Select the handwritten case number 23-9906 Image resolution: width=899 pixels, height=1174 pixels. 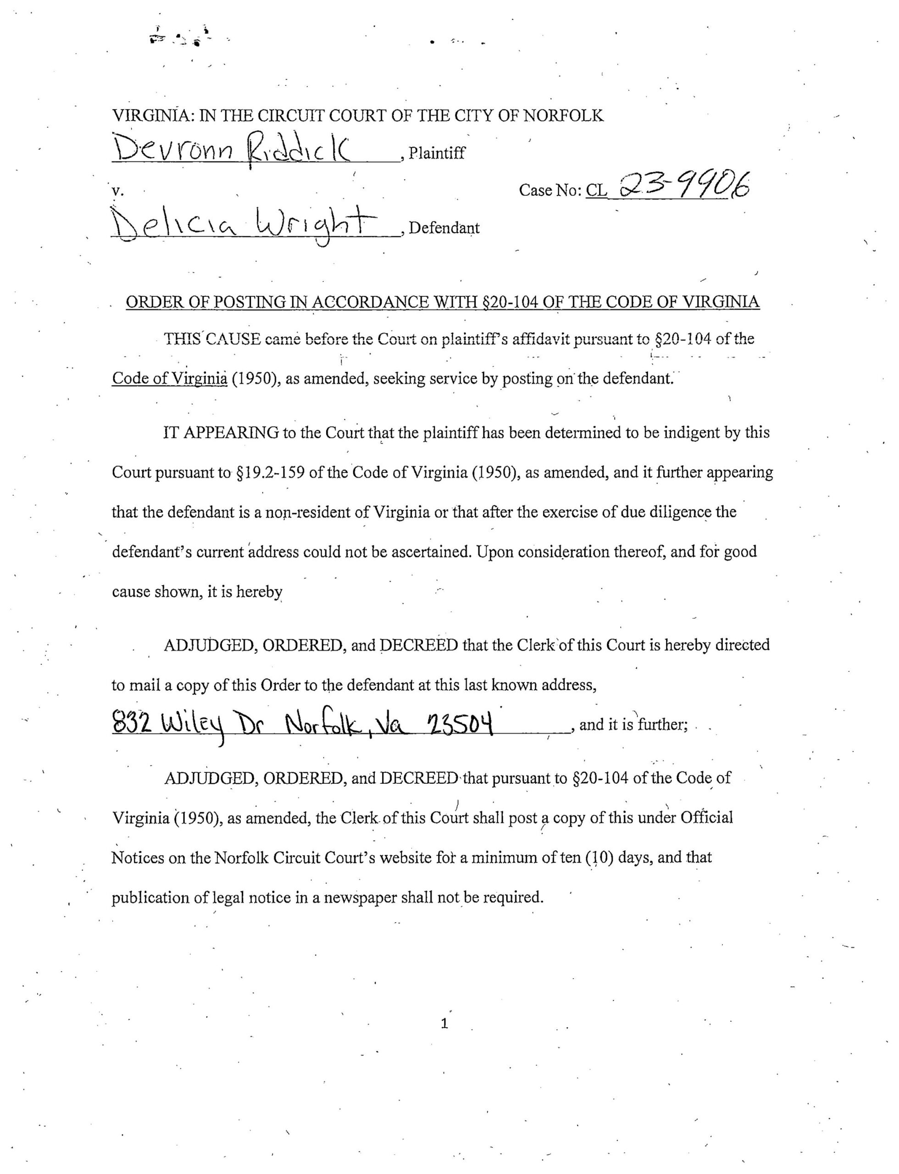(x=685, y=187)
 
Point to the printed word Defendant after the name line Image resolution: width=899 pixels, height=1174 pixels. (x=444, y=228)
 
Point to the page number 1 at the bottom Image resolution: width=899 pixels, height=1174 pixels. (x=444, y=1024)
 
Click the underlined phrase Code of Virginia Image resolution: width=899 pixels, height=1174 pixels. (x=170, y=379)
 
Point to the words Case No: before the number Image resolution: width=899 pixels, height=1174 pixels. (x=550, y=190)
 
